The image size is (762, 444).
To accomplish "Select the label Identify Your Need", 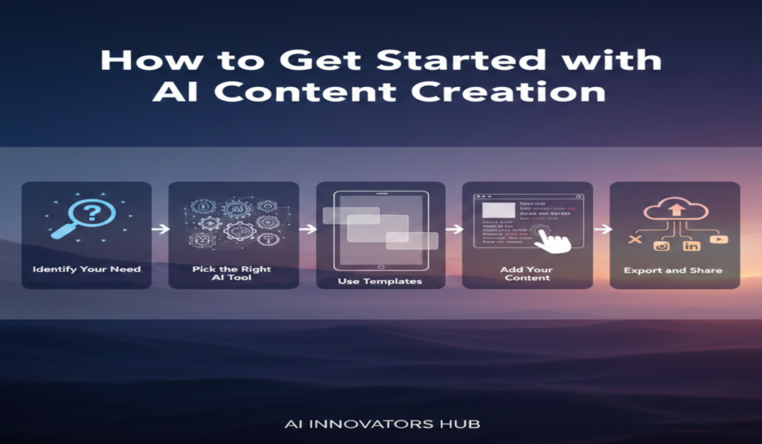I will [x=86, y=268].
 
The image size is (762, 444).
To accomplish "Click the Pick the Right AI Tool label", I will [x=231, y=273].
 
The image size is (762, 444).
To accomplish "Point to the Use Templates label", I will [x=380, y=282].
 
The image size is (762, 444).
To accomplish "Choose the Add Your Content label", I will [x=527, y=273].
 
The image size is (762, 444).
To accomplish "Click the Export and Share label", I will [x=673, y=270].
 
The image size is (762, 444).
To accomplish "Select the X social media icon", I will [x=634, y=240].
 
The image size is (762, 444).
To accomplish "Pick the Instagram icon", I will [x=660, y=245].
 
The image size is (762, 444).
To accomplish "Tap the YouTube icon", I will [x=718, y=239].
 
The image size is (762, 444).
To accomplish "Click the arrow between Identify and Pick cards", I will [x=160, y=229].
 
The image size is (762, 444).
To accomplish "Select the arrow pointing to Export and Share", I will [x=602, y=229].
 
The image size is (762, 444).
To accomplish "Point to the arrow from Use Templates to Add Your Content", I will [x=454, y=229].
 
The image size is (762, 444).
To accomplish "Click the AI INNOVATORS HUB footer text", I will [x=382, y=425].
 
